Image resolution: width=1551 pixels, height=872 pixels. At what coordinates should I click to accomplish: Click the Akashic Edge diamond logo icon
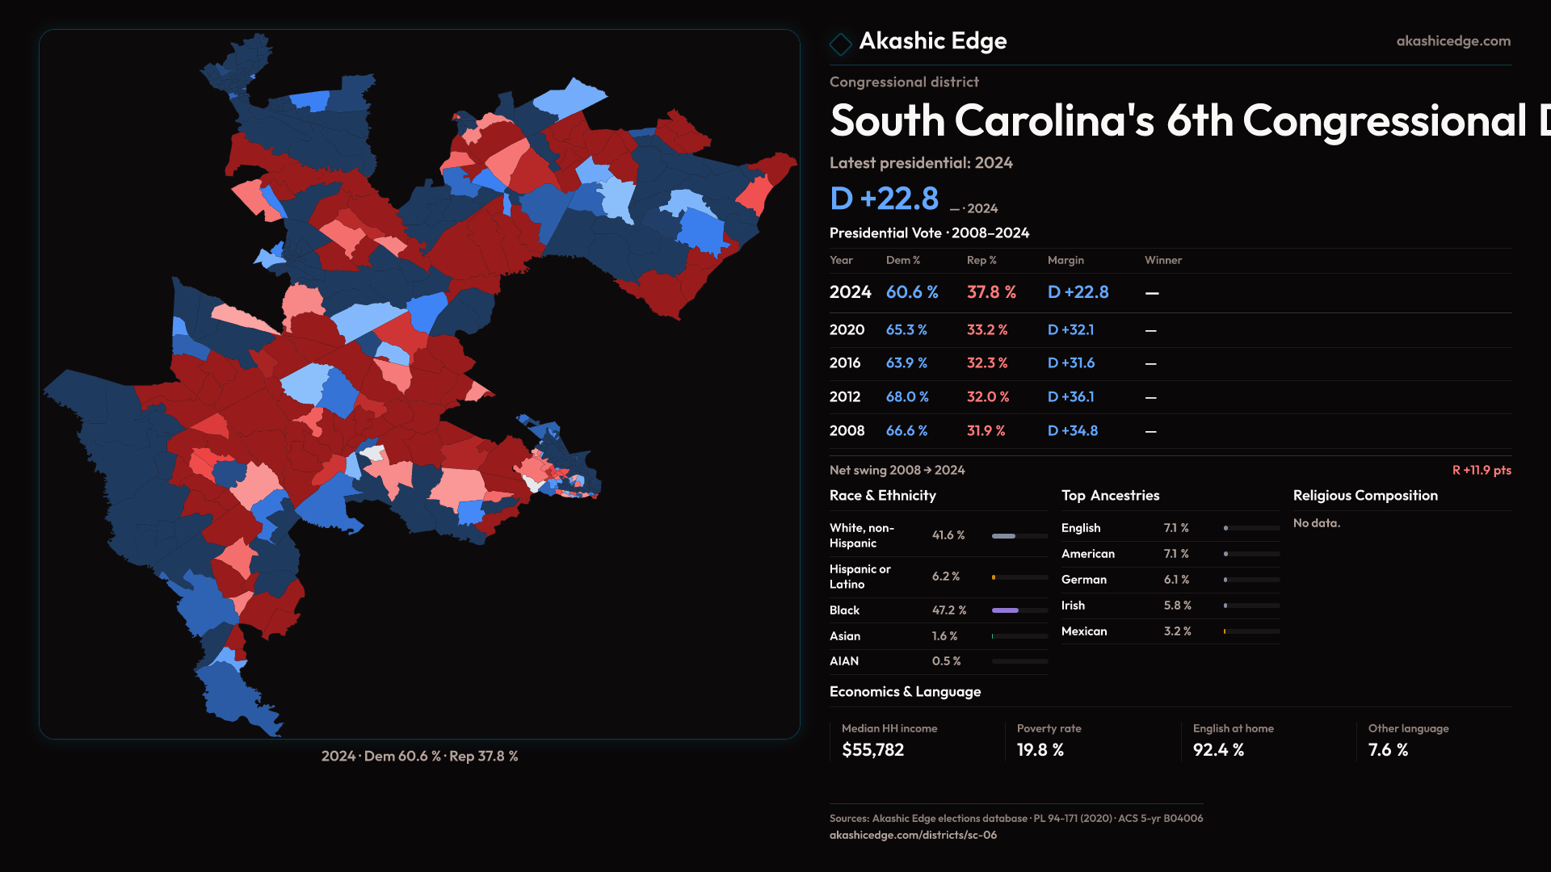click(x=840, y=44)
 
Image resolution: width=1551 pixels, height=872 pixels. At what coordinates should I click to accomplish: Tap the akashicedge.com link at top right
click(x=1452, y=41)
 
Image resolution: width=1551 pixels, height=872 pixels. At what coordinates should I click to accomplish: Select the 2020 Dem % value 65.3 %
click(x=906, y=330)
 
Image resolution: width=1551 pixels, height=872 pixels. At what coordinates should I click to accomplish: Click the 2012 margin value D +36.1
click(x=1070, y=397)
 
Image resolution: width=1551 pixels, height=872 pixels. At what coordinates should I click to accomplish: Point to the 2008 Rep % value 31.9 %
click(x=986, y=431)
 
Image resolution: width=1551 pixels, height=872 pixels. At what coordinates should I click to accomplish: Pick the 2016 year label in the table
click(x=844, y=363)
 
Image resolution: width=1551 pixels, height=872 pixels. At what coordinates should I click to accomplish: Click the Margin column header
click(x=1066, y=260)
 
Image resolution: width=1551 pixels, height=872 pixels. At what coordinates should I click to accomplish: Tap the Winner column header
click(x=1162, y=260)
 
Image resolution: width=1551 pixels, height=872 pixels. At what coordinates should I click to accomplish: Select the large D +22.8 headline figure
click(x=884, y=199)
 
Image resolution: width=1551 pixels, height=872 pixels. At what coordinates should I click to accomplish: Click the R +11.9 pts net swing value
click(x=1481, y=471)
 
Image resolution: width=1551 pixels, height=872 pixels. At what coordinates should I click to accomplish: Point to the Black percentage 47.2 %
click(x=948, y=610)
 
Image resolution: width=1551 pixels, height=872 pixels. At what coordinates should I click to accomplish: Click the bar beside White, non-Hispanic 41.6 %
click(x=1019, y=536)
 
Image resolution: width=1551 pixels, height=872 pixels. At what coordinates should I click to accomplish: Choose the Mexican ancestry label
click(x=1083, y=631)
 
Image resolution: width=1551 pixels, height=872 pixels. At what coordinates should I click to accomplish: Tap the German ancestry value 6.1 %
click(x=1176, y=580)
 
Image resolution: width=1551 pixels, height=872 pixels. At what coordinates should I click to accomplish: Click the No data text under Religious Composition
click(x=1316, y=523)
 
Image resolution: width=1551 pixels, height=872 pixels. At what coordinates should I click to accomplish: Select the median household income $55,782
click(x=872, y=750)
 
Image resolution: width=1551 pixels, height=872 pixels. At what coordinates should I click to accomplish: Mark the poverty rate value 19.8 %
click(x=1040, y=750)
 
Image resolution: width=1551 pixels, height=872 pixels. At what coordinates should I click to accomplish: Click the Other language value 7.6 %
click(x=1388, y=750)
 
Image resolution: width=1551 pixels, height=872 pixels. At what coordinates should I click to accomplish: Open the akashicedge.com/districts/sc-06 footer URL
click(x=913, y=836)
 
